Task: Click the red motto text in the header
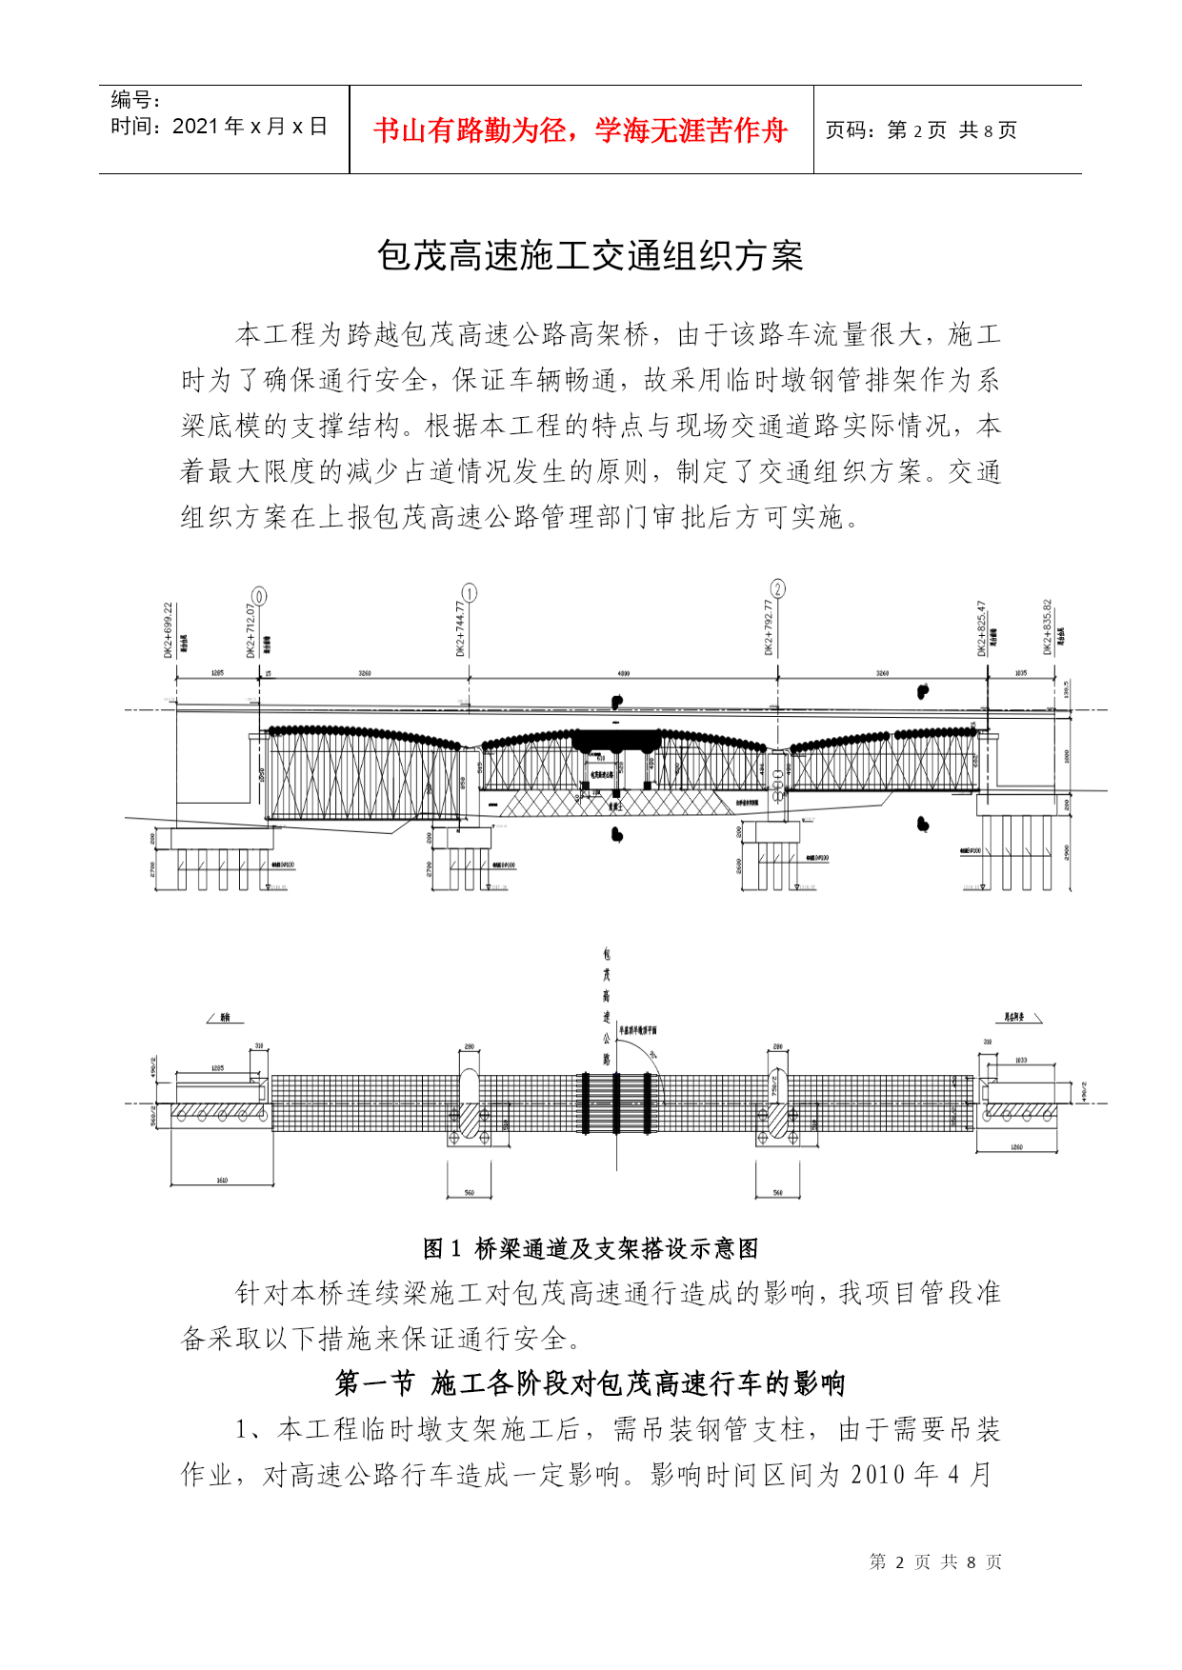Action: tap(580, 130)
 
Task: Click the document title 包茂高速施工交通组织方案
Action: tap(591, 255)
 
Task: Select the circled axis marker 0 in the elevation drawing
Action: tap(258, 596)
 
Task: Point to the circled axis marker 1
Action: tap(469, 593)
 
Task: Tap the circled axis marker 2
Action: tap(777, 588)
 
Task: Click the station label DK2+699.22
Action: tap(169, 629)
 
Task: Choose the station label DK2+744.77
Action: tap(460, 627)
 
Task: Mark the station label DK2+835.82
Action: tap(1047, 626)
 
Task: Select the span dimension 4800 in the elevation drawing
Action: tap(624, 674)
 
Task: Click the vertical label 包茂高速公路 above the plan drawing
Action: tap(607, 1004)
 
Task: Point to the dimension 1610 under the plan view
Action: tap(221, 1181)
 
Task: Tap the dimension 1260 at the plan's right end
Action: tap(1016, 1147)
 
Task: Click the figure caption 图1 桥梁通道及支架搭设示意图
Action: tap(591, 1248)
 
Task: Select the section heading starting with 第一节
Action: tap(591, 1383)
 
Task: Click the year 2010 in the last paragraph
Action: tap(878, 1475)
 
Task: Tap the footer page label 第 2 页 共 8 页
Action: tap(935, 1562)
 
